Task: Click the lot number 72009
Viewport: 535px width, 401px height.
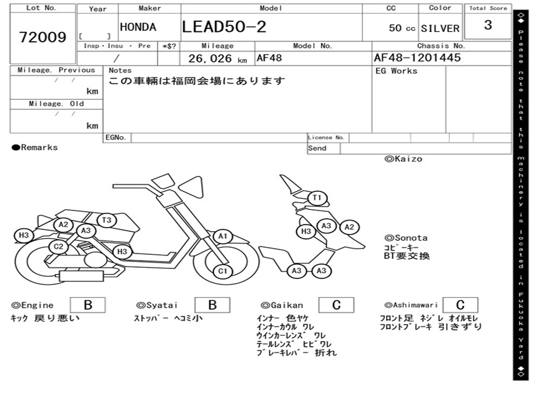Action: [43, 37]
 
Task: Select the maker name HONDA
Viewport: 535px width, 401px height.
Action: [138, 27]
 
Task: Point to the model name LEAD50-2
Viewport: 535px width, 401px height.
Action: [224, 27]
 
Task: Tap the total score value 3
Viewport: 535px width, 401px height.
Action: [488, 25]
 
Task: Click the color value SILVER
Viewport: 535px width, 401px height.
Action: [440, 28]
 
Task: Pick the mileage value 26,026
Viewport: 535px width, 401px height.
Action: [210, 58]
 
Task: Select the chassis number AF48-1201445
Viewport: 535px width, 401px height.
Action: [417, 57]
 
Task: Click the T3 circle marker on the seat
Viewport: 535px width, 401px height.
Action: [107, 220]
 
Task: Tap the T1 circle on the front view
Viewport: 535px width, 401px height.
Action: [317, 198]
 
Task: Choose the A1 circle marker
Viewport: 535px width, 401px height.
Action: [223, 237]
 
